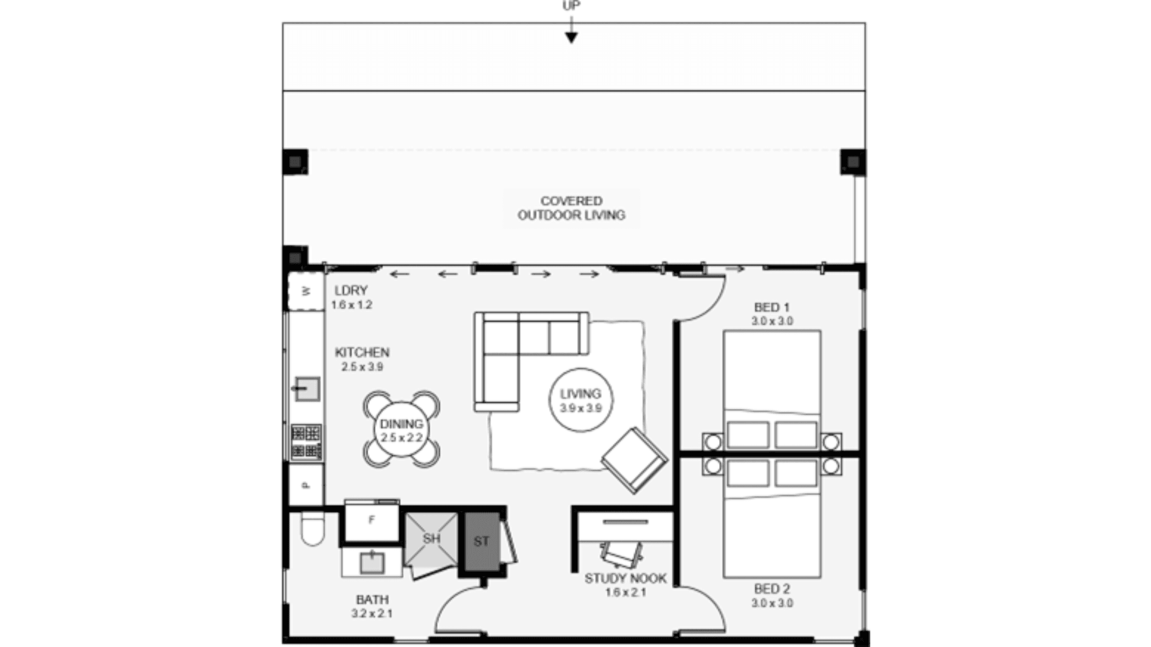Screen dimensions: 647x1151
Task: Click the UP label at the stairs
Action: (x=571, y=5)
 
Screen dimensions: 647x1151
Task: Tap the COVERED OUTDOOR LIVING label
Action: (x=571, y=208)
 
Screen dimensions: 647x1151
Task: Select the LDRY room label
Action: (x=351, y=290)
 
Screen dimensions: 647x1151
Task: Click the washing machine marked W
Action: (x=306, y=291)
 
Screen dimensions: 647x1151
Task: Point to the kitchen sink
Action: (x=307, y=389)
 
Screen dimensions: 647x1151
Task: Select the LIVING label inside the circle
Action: (x=580, y=394)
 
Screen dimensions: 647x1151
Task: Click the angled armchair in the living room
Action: (x=634, y=460)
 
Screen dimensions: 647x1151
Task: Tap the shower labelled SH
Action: (x=432, y=539)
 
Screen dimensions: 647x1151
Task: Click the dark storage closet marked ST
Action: (x=482, y=542)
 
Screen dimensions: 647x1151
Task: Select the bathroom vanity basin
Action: (x=372, y=563)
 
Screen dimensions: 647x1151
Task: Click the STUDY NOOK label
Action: (x=625, y=578)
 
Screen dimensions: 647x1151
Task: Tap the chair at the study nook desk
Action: (x=621, y=555)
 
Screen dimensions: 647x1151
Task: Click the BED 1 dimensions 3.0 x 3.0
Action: (x=772, y=321)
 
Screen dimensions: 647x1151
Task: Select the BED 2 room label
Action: (x=772, y=589)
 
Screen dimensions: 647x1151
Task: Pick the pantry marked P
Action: (x=306, y=485)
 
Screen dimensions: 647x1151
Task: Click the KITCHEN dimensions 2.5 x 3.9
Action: (x=362, y=367)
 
